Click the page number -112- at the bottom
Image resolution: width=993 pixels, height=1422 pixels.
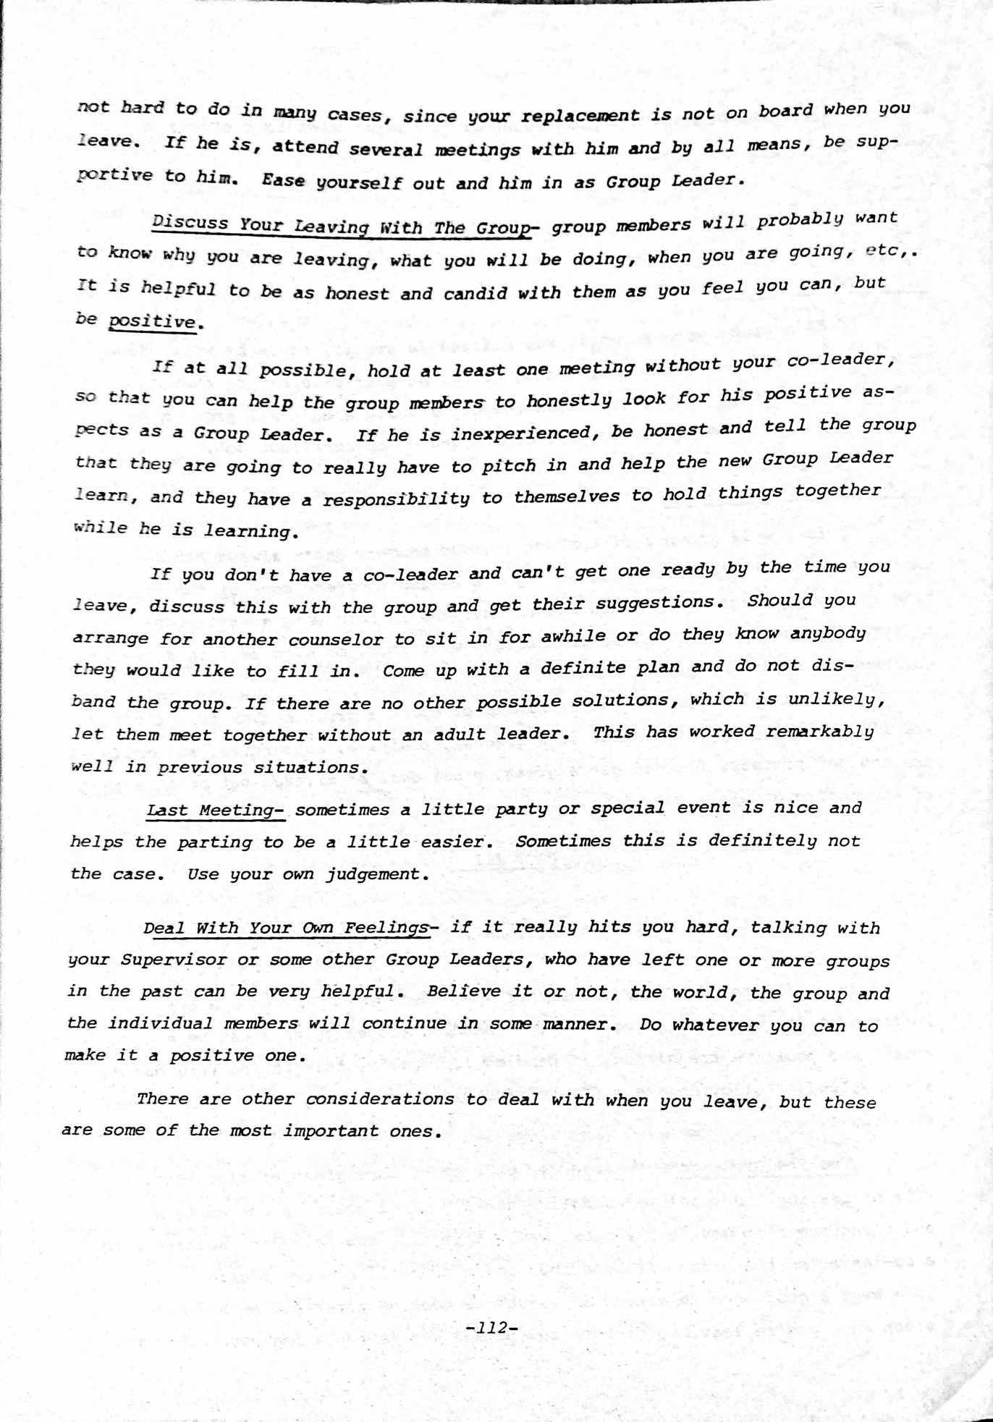tap(492, 1328)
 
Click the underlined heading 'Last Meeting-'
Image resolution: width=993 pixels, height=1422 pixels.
tap(215, 811)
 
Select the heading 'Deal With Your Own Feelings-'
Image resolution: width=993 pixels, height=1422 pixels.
tap(287, 928)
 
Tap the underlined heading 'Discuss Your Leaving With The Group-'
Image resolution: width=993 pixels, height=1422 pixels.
tap(342, 227)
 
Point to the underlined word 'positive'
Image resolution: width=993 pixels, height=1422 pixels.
tap(152, 321)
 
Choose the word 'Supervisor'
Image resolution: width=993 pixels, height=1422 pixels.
tap(166, 961)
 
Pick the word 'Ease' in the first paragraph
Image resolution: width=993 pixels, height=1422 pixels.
tap(284, 182)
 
